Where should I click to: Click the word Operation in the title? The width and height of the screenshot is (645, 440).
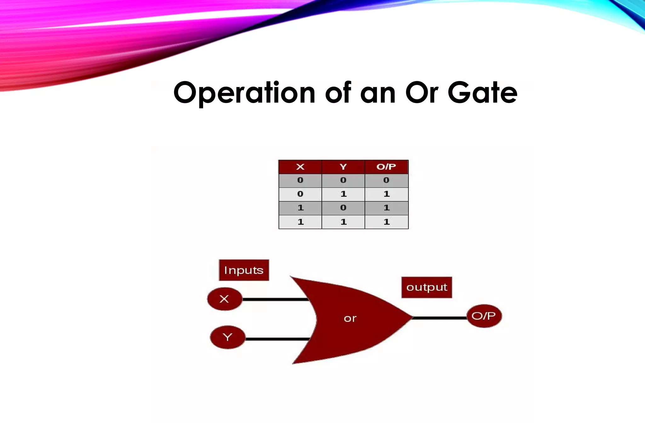(x=244, y=93)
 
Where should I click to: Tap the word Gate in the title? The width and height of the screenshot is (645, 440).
(x=482, y=93)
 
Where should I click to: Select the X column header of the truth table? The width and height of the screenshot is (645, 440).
(x=300, y=167)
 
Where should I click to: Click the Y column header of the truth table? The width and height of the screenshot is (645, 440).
(x=343, y=167)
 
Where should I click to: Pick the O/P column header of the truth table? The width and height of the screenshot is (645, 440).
(x=386, y=167)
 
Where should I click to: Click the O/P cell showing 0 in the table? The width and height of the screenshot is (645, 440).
(x=386, y=180)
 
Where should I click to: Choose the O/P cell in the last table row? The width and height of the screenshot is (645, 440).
(x=386, y=222)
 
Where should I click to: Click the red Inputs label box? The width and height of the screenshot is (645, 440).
(x=244, y=270)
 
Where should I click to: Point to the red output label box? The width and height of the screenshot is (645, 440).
(x=427, y=287)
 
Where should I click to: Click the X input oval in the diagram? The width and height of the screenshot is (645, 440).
(x=225, y=299)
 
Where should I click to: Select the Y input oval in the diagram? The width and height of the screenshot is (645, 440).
(x=227, y=338)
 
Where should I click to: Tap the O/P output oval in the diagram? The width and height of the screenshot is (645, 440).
(x=484, y=316)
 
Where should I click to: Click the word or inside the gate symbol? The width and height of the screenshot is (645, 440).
(x=350, y=319)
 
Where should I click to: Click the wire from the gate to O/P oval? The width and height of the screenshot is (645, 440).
(x=439, y=318)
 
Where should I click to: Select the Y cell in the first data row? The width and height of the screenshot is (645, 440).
(x=343, y=180)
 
